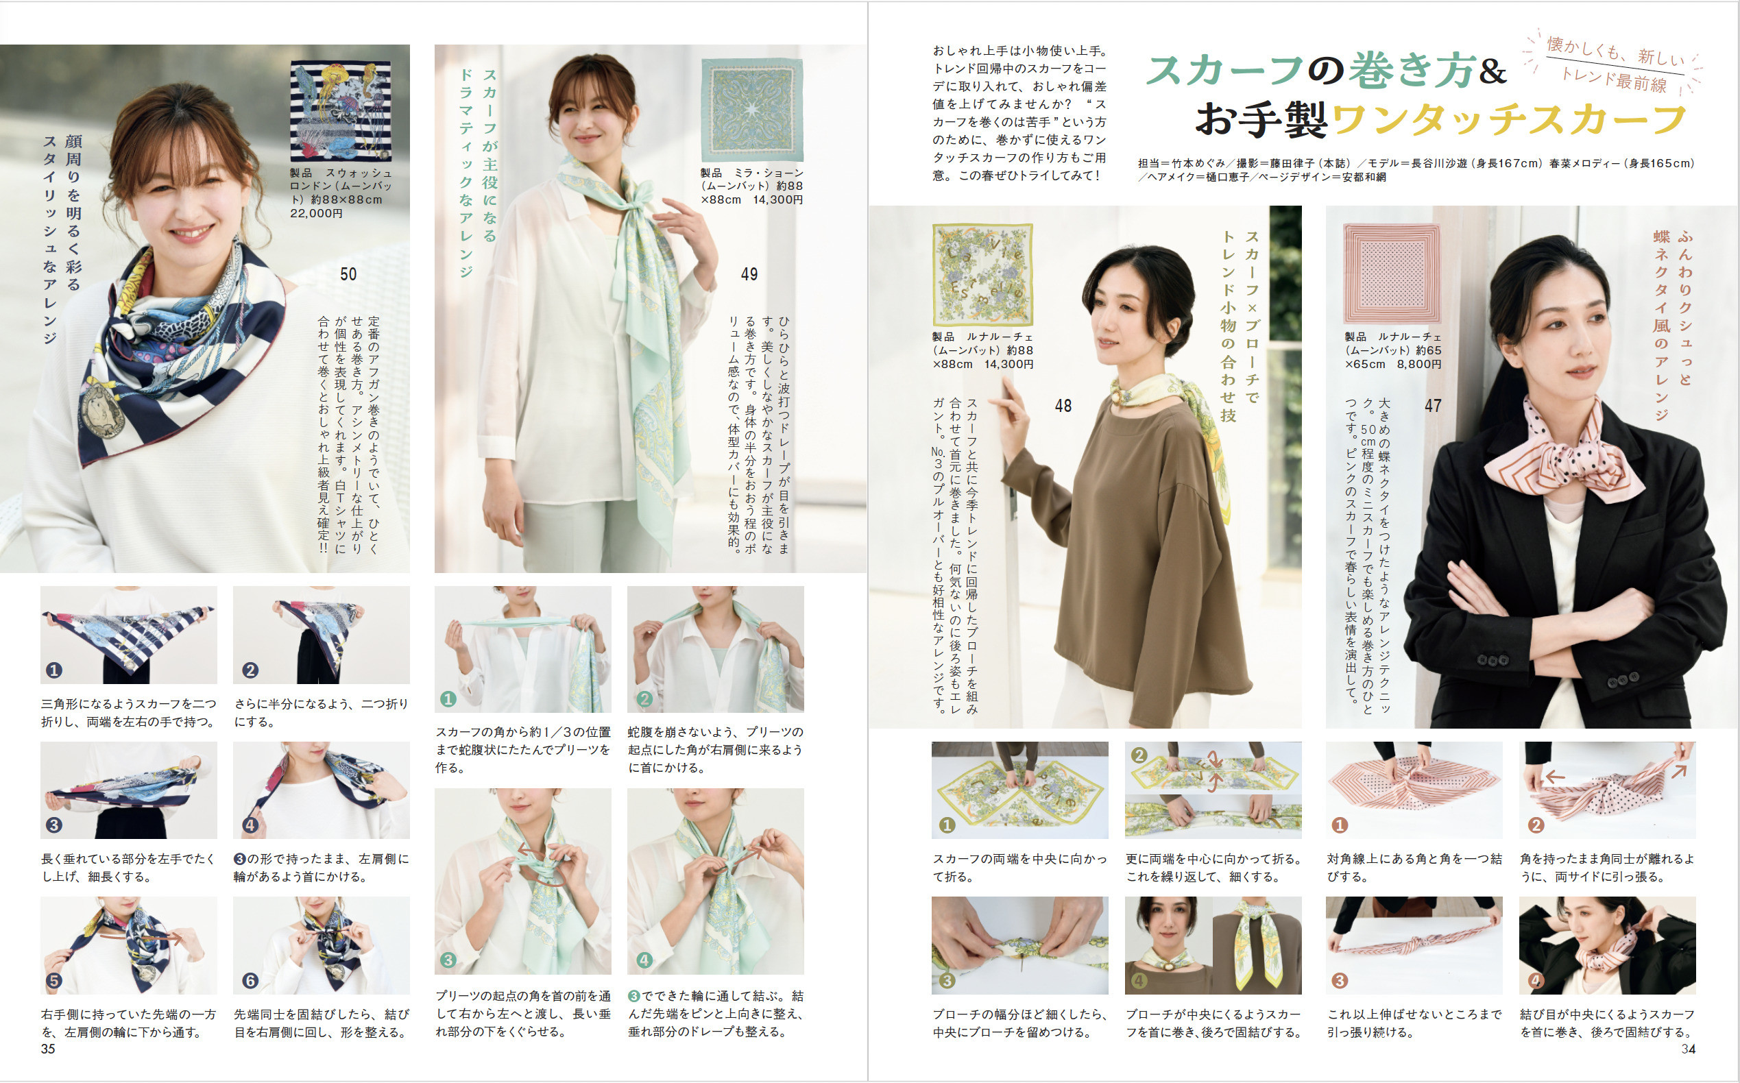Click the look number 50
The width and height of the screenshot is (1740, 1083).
coord(348,274)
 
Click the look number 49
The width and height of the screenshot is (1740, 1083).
coord(749,274)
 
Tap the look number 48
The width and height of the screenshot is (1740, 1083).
coord(1063,406)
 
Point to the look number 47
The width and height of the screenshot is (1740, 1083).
coord(1433,406)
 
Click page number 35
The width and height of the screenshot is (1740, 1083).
coord(48,1049)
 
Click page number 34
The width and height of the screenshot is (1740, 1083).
coord(1689,1049)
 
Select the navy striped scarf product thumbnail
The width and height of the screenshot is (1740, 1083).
coord(341,111)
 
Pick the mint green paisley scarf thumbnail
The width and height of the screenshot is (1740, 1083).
coord(752,110)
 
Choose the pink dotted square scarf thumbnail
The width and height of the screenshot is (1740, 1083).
coord(1391,273)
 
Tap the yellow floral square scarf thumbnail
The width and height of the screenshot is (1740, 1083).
coord(983,274)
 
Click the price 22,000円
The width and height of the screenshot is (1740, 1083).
coord(317,213)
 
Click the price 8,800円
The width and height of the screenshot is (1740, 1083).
coord(1419,364)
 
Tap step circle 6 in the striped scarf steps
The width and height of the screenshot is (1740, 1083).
coord(250,980)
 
